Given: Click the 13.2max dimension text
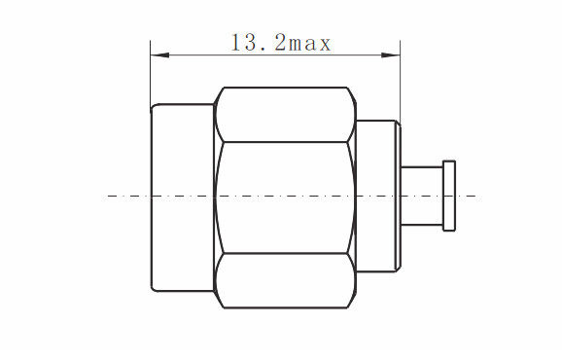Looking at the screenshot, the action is (x=281, y=43).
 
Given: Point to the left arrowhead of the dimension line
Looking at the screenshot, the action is (x=159, y=55).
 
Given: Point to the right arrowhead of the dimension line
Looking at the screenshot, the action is (x=390, y=55).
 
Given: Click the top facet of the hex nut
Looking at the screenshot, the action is (x=285, y=115).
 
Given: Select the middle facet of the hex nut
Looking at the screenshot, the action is (x=285, y=198).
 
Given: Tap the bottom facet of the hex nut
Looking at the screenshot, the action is (x=285, y=281).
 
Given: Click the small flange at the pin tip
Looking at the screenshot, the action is (x=449, y=196).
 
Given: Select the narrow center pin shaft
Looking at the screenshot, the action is (x=422, y=197).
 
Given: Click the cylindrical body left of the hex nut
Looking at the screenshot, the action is (x=183, y=198).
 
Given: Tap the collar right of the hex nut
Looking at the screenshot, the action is (x=378, y=197).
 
